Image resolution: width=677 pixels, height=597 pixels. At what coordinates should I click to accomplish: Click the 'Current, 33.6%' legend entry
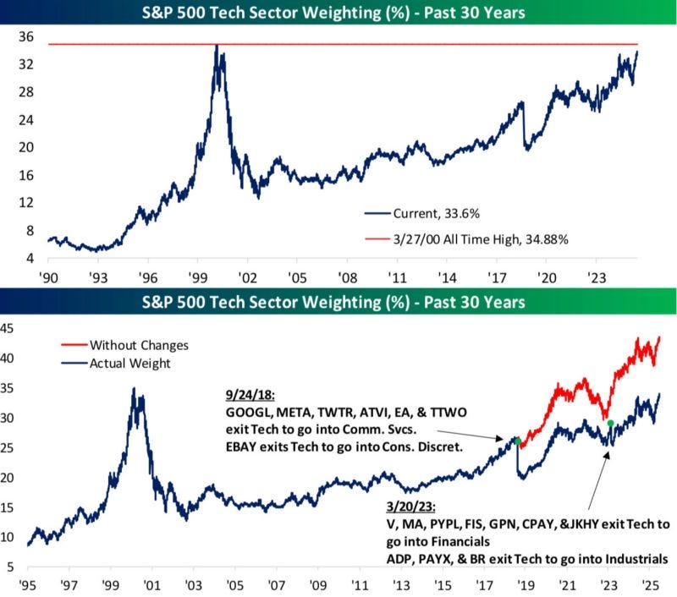[x=421, y=214]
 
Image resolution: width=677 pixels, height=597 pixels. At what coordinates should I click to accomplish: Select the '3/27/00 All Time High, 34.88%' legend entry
[x=466, y=239]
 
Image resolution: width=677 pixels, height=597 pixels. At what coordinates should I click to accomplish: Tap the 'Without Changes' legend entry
[x=124, y=345]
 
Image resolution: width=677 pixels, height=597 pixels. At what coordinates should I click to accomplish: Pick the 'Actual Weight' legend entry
[x=116, y=364]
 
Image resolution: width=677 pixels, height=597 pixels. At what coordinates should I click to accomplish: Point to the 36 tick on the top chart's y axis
[x=26, y=37]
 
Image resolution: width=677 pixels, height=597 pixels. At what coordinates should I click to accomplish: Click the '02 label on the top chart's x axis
[x=247, y=278]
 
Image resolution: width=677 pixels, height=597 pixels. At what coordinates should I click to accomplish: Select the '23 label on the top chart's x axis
[x=597, y=278]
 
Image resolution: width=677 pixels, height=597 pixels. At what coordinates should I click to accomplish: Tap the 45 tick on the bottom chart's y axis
[x=7, y=329]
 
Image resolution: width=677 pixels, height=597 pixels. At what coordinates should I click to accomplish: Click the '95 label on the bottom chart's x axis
[x=28, y=585]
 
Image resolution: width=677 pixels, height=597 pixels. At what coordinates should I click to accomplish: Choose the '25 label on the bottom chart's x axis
[x=650, y=585]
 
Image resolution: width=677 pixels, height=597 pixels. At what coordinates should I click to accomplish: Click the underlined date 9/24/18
[x=250, y=395]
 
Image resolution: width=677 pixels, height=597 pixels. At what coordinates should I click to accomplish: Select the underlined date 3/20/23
[x=410, y=506]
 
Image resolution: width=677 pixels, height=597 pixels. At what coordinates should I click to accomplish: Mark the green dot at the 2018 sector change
[x=518, y=441]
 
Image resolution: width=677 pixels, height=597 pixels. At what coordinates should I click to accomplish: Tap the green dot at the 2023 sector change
[x=610, y=423]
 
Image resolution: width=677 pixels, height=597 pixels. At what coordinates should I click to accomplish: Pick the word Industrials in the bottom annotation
[x=636, y=559]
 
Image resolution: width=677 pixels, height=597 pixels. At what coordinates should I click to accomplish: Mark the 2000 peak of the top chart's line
[x=217, y=45]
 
